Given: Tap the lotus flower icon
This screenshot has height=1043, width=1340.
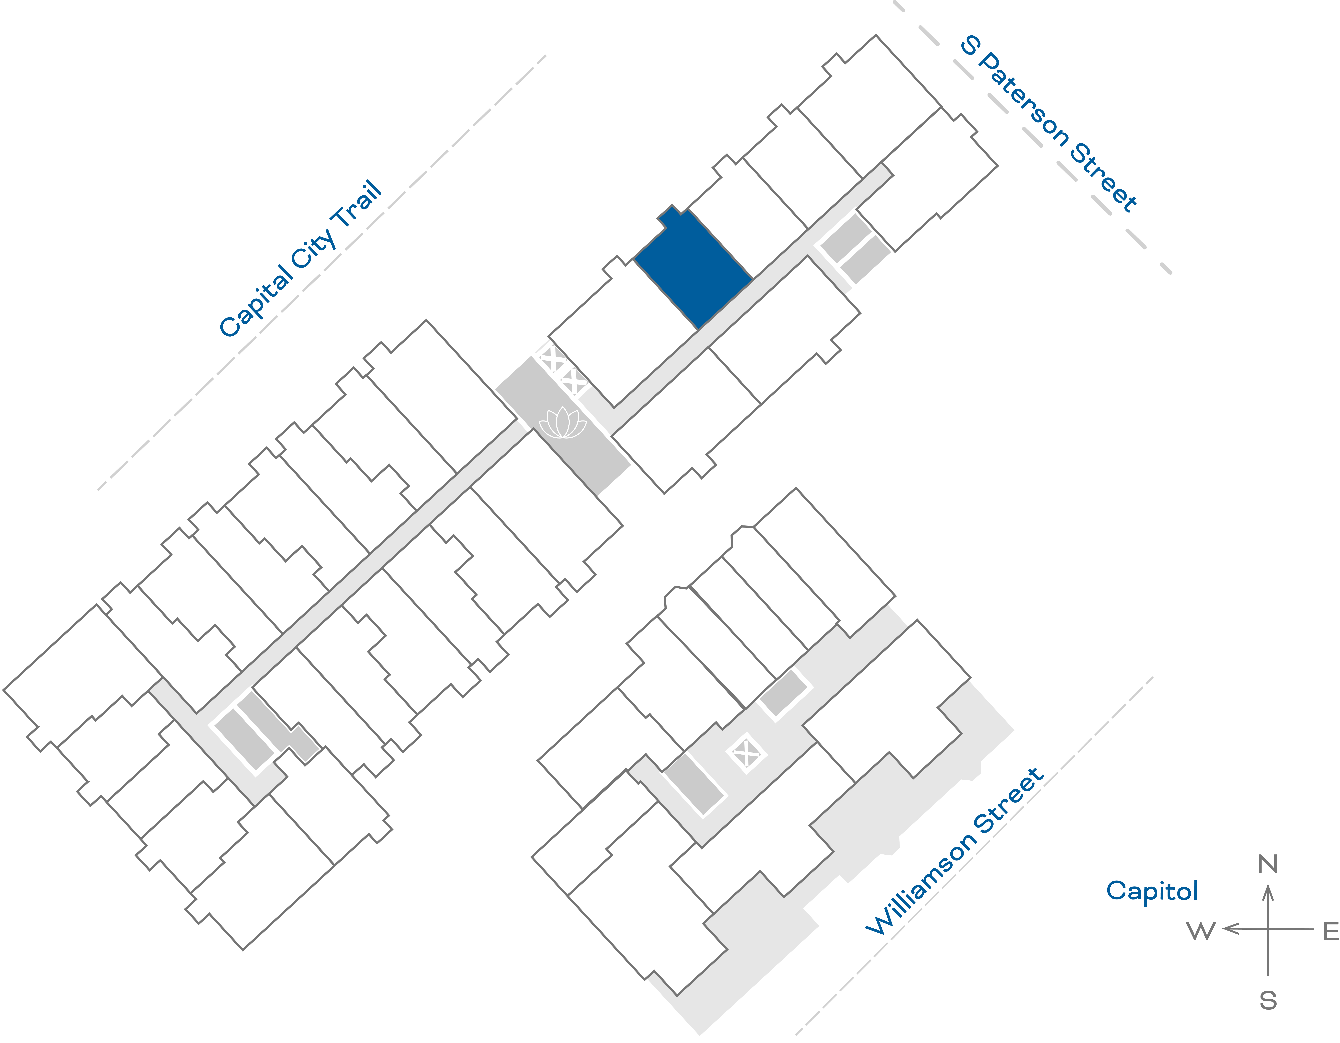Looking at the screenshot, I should point(563,424).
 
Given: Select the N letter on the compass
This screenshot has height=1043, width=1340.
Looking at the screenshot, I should point(1268,864).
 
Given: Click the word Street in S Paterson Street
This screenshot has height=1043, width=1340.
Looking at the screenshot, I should point(1104,178).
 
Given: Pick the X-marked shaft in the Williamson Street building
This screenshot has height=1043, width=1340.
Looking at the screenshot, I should point(747,753).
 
